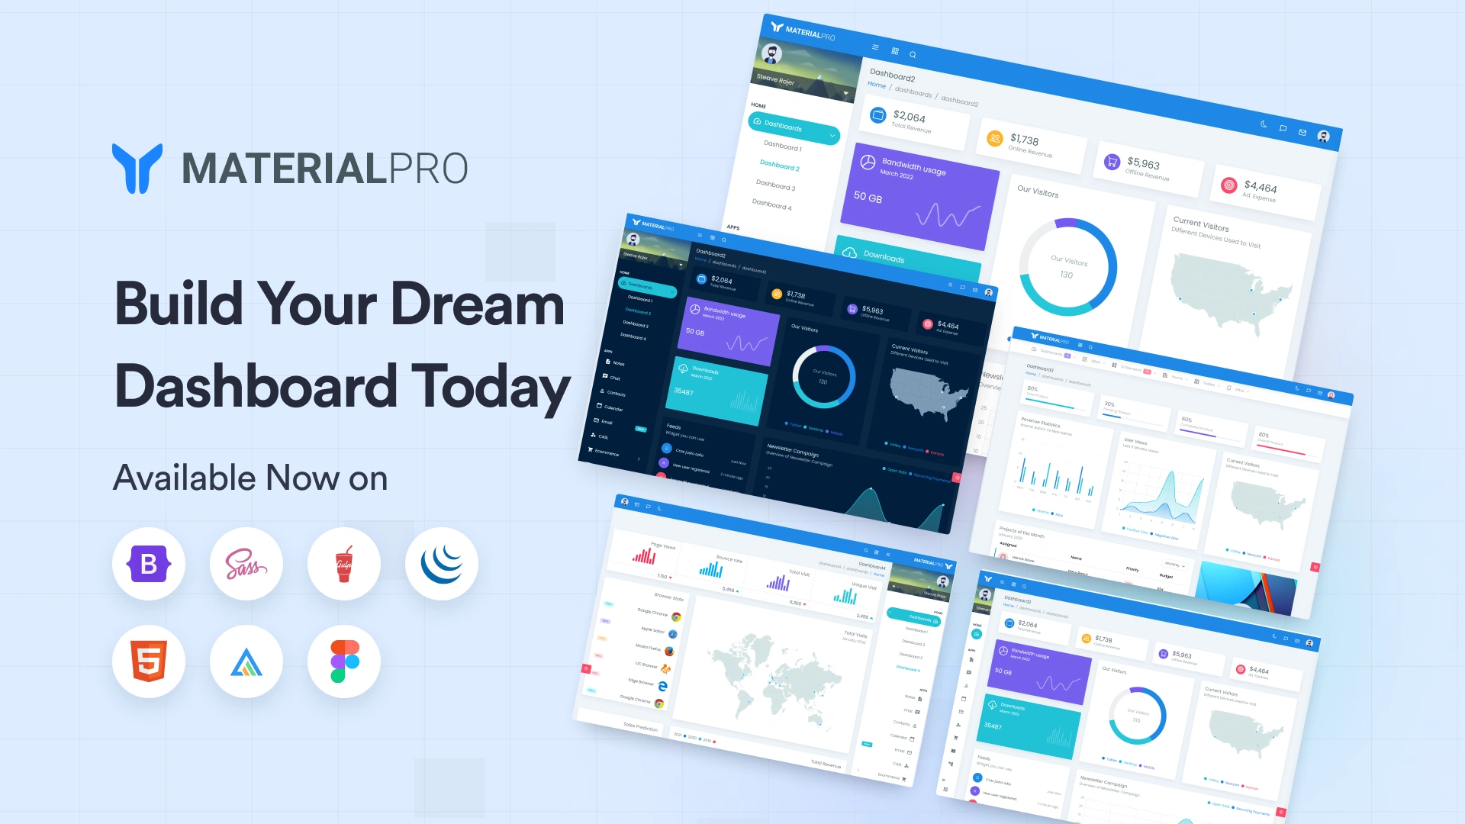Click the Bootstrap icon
tap(149, 564)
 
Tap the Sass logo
tap(246, 564)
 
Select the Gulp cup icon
tap(344, 564)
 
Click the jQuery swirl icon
tap(441, 564)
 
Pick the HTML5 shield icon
tap(149, 661)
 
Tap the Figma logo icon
tap(344, 661)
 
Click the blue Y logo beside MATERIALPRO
tap(137, 168)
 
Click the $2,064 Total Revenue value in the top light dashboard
tap(909, 117)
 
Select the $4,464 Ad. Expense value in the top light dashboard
tap(1260, 187)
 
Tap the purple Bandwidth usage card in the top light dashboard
tap(923, 195)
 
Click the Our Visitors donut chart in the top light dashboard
tap(1068, 267)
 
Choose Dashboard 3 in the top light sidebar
tap(775, 185)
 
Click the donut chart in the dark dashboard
tap(823, 377)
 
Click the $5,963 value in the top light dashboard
tap(1143, 163)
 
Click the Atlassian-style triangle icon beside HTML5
tap(246, 661)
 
